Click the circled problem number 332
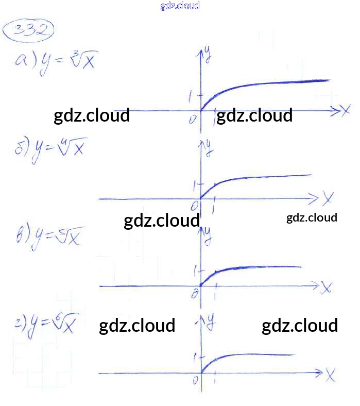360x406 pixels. pyautogui.click(x=29, y=30)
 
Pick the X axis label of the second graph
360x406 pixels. pyautogui.click(x=328, y=197)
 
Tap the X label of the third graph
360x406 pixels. pyautogui.click(x=326, y=287)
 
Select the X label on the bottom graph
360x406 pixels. pyautogui.click(x=330, y=375)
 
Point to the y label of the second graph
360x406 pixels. pyautogui.click(x=209, y=147)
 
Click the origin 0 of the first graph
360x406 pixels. pyautogui.click(x=193, y=119)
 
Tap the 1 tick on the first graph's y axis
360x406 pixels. pyautogui.click(x=191, y=96)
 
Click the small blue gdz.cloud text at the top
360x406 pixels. pyautogui.click(x=180, y=6)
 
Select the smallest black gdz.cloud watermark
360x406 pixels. pyautogui.click(x=312, y=217)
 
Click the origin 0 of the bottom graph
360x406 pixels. pyautogui.click(x=195, y=380)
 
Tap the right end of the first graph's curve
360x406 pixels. pyautogui.click(x=328, y=80)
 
